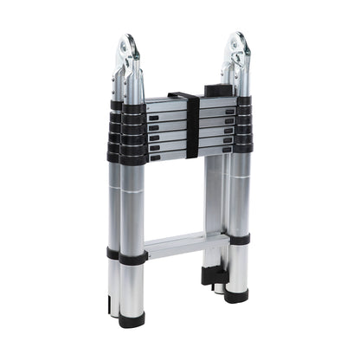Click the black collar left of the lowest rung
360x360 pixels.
coord(132,257)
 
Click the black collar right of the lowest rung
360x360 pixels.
coord(238,240)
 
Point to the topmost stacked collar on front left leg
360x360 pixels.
coord(133,109)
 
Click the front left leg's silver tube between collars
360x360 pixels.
coord(132,208)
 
